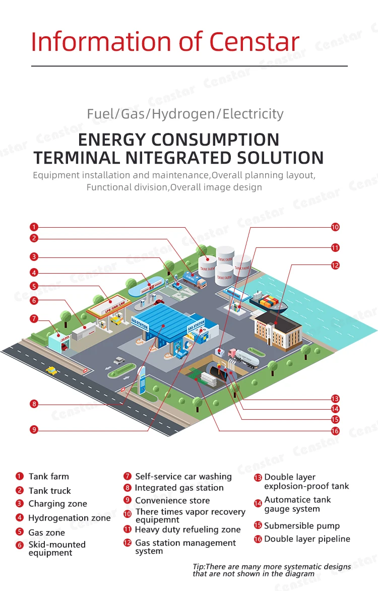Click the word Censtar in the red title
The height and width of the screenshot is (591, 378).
click(x=255, y=42)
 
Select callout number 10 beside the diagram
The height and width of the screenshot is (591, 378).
click(x=335, y=227)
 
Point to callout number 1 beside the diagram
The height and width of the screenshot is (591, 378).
click(x=34, y=227)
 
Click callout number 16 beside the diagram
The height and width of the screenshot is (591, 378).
click(x=335, y=431)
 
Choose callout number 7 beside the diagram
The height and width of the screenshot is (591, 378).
click(x=34, y=319)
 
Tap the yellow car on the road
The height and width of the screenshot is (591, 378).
click(x=51, y=371)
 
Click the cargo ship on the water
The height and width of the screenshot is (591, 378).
click(x=268, y=303)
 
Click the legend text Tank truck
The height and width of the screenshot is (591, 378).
click(x=50, y=491)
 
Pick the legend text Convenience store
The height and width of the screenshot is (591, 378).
click(x=172, y=500)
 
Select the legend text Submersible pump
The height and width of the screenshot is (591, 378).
click(x=302, y=526)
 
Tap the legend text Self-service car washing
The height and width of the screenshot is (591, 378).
click(x=183, y=476)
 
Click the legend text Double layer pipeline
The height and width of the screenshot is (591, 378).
click(x=307, y=539)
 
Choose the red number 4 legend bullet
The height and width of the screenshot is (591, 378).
click(x=20, y=517)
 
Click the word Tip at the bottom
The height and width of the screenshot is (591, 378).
click(x=199, y=567)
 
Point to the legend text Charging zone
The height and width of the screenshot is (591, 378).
click(x=57, y=504)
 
